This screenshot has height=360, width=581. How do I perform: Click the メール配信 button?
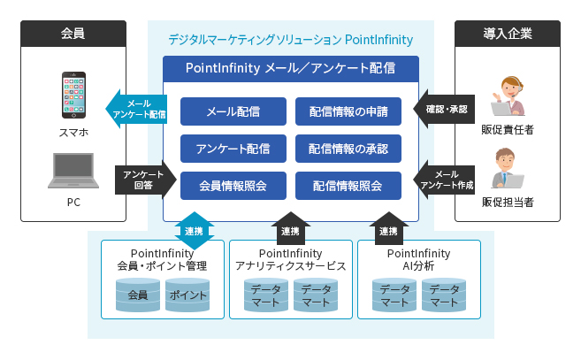pyautogui.click(x=233, y=111)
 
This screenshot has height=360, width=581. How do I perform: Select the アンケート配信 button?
pyautogui.click(x=233, y=148)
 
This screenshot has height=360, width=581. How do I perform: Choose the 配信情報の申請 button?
pyautogui.click(x=348, y=111)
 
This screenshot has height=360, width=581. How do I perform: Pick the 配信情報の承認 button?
pyautogui.click(x=348, y=148)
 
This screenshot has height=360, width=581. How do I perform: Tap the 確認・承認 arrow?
pyautogui.click(x=445, y=111)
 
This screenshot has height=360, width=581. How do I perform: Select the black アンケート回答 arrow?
pyautogui.click(x=137, y=180)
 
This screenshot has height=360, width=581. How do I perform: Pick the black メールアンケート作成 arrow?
pyautogui.click(x=445, y=180)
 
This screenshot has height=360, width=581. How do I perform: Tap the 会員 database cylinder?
pyautogui.click(x=137, y=295)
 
